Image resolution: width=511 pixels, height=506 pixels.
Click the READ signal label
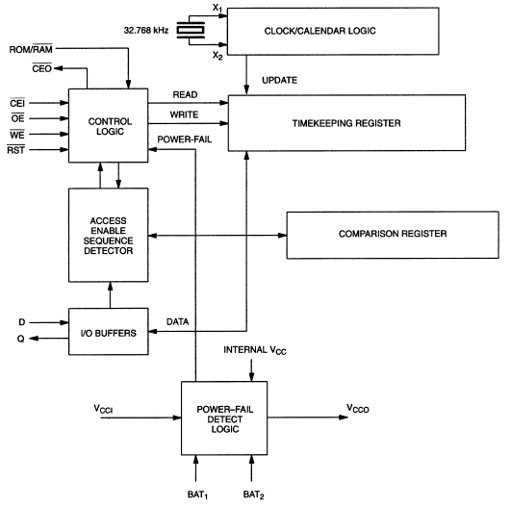coord(185,94)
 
